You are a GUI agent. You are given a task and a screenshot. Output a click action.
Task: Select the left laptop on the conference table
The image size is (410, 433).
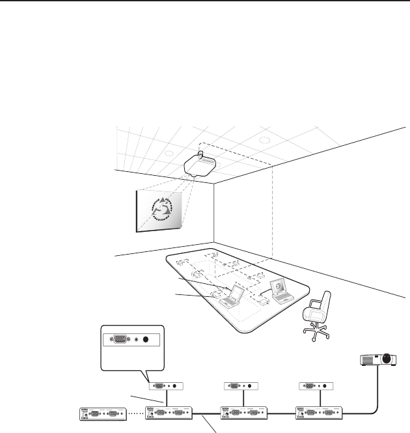[x=231, y=297]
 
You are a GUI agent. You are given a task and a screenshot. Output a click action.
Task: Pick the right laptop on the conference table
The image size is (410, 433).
[x=282, y=291]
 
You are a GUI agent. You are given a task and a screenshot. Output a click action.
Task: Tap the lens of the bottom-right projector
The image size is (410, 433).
[x=389, y=358]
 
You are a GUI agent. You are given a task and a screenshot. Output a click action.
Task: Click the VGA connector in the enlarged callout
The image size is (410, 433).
[x=121, y=339]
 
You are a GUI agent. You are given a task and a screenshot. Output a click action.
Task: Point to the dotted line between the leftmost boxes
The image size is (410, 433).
[x=135, y=413]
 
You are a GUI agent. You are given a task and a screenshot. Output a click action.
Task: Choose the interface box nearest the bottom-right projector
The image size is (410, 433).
[x=318, y=413]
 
